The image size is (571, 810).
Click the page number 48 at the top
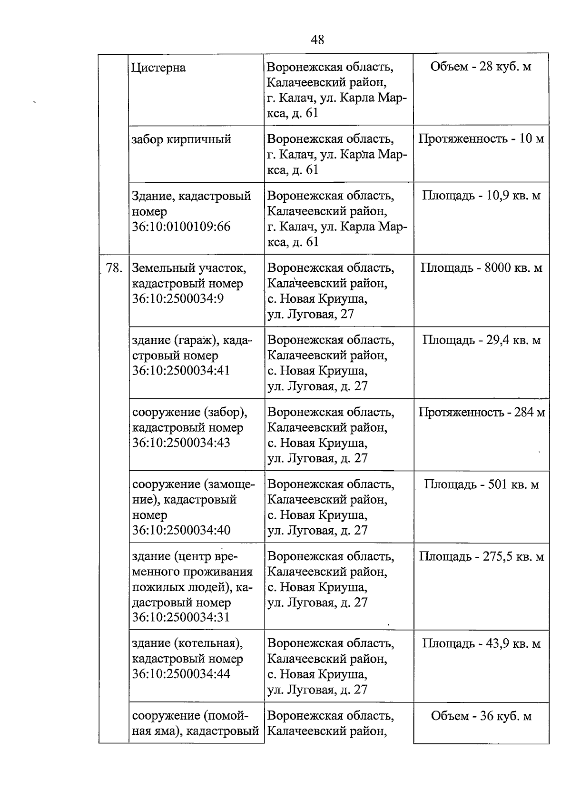coord(317,40)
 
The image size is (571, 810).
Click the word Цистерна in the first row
coord(158,68)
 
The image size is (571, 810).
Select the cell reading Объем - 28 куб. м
coord(481,67)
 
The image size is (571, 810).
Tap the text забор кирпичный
coord(181,139)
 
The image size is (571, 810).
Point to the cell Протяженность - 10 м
coord(481,139)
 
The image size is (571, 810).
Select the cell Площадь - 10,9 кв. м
coord(481,196)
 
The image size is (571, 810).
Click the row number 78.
coord(114,268)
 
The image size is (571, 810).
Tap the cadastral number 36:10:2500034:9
coord(178,299)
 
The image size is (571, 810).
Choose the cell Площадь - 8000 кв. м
coord(481,268)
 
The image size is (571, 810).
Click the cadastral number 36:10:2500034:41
coord(181,371)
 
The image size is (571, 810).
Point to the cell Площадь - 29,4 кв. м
coord(481,340)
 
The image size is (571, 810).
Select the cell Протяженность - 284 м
coord(481,412)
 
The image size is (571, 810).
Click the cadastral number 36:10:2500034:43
coord(181,443)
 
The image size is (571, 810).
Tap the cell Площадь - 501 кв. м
coord(481,485)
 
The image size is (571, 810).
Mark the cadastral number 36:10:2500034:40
coord(181,530)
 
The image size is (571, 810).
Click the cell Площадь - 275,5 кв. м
coord(481,557)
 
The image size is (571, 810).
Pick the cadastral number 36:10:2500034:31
coord(181,617)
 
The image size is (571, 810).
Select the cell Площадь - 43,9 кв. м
coord(481,644)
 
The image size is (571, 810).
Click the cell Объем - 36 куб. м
coord(481,716)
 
